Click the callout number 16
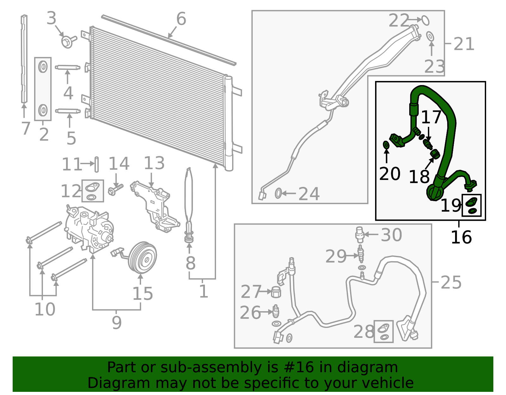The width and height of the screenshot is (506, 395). click(x=461, y=237)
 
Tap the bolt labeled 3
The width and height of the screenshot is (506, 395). click(x=67, y=42)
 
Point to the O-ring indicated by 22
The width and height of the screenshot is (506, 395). click(x=426, y=20)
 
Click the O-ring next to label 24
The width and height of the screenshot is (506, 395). click(x=278, y=193)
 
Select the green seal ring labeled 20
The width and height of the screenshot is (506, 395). click(x=386, y=145)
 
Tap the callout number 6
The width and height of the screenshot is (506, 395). click(x=181, y=19)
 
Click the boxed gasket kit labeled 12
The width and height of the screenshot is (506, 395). click(x=93, y=191)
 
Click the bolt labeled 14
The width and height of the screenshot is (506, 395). click(x=115, y=190)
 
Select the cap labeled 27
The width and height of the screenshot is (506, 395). click(x=276, y=292)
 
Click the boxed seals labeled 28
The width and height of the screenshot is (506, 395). click(x=384, y=332)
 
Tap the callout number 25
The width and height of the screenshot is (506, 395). click(x=451, y=282)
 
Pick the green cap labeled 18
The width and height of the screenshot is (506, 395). click(x=435, y=154)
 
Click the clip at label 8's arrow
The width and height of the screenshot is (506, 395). click(x=189, y=237)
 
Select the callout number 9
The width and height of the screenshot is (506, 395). click(x=116, y=323)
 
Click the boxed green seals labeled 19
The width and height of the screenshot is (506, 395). click(x=472, y=205)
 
